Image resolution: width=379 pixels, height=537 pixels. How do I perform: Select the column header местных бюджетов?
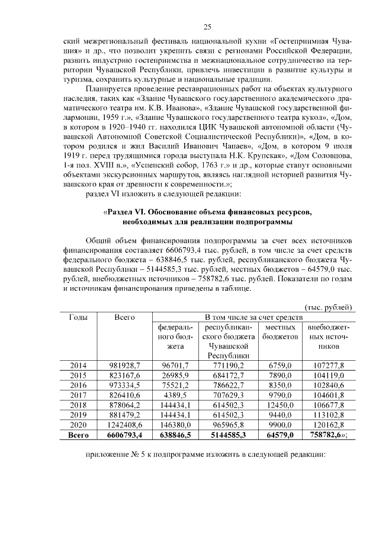pos(280,332)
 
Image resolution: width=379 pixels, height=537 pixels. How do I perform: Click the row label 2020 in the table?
pos(79,426)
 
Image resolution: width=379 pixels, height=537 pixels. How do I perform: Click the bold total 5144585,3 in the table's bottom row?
pos(228,436)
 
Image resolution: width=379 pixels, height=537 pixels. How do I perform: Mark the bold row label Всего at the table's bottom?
pos(79,436)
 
